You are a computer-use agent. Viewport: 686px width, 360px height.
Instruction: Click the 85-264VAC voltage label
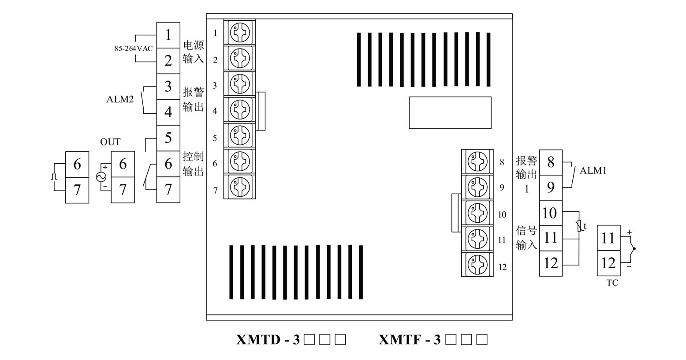click(133, 49)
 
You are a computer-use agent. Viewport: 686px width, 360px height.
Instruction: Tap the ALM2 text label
click(120, 99)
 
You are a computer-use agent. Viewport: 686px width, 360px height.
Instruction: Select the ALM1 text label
click(593, 170)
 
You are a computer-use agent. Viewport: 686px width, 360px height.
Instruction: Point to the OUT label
click(110, 142)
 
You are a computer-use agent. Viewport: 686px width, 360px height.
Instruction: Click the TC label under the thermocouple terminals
click(612, 283)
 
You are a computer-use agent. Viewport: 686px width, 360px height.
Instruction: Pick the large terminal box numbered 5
click(168, 138)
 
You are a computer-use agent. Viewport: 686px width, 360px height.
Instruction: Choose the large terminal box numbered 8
click(551, 162)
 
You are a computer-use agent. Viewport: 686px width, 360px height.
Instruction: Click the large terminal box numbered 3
click(168, 86)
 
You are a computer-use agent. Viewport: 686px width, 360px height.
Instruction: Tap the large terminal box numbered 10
click(551, 214)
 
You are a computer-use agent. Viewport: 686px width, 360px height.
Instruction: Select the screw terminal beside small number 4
click(240, 109)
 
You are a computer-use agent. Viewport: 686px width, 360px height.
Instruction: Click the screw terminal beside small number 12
click(477, 265)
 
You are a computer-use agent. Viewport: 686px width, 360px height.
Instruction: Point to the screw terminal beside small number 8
click(477, 162)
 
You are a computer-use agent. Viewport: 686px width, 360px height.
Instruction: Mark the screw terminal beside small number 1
click(240, 33)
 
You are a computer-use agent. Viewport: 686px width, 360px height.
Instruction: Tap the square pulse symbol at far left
click(54, 177)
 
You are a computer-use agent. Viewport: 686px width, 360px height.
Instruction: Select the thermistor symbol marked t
click(580, 226)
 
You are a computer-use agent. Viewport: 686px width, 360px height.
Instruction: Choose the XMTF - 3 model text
click(410, 340)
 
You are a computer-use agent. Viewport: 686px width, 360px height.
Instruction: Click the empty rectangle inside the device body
click(450, 113)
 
